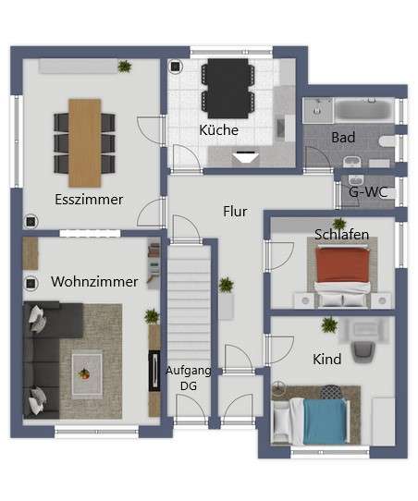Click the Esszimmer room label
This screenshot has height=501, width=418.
pos(89,199)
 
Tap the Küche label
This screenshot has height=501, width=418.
pos(219,130)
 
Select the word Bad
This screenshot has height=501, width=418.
pos(343,138)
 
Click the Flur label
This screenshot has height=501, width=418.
pos(236,211)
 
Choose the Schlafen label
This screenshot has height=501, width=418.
pos(341,235)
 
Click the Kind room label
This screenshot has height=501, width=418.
pos(326,359)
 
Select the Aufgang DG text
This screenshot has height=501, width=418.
pos(189,377)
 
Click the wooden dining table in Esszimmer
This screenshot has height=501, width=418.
pos(85,137)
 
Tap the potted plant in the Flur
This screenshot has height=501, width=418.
pos(226,286)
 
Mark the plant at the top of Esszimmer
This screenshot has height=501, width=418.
pos(124,66)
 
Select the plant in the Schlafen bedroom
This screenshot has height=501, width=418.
pos(339,224)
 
